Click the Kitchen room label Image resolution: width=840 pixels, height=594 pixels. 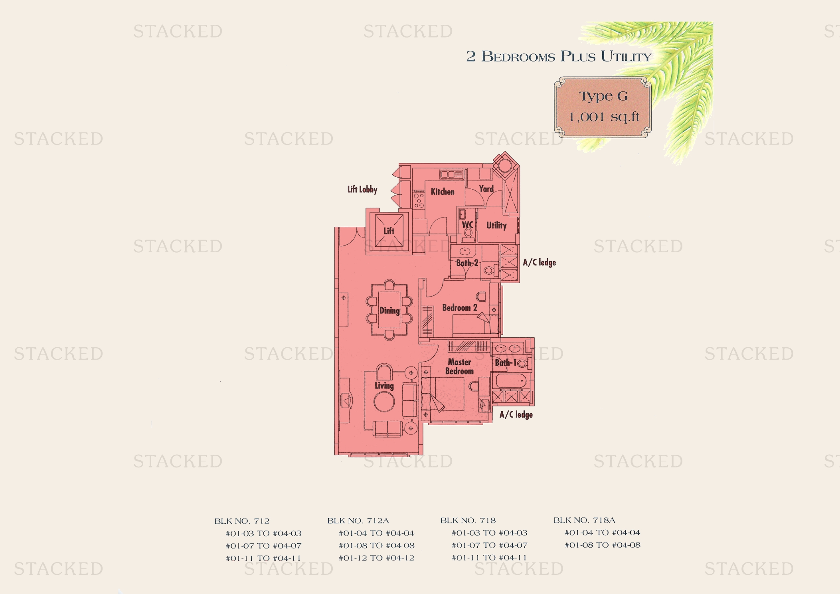443,192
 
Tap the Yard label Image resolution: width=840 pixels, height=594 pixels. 486,189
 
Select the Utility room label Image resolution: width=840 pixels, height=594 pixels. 496,226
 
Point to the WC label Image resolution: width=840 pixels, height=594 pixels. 467,225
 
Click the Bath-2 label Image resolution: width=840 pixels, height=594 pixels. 467,263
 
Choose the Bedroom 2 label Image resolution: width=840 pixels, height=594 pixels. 460,308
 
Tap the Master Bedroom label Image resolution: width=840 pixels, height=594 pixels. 459,366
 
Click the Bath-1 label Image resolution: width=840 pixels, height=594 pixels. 506,362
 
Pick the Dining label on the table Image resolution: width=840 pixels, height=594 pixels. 389,311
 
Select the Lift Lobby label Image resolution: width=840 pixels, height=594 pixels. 362,190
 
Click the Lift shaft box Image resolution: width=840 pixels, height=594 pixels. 389,231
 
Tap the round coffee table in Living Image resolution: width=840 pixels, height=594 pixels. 384,401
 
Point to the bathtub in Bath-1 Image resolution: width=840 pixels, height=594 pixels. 511,381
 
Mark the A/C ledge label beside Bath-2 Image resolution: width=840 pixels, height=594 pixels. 539,262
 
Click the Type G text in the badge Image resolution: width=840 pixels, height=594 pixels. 603,96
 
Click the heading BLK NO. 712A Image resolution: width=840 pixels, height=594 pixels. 358,521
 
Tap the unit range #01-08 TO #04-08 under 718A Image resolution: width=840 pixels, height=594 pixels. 602,545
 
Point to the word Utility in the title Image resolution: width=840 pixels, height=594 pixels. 626,56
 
